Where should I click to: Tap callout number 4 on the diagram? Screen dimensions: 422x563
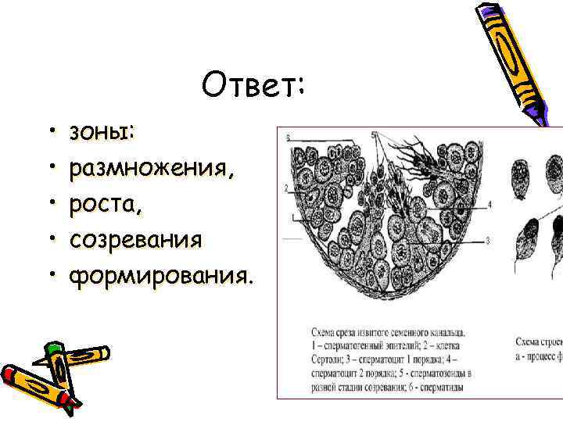pos(489,205)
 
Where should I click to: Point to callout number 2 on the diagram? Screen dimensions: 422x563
pos(287,188)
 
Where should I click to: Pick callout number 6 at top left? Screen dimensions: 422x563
pos(288,138)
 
